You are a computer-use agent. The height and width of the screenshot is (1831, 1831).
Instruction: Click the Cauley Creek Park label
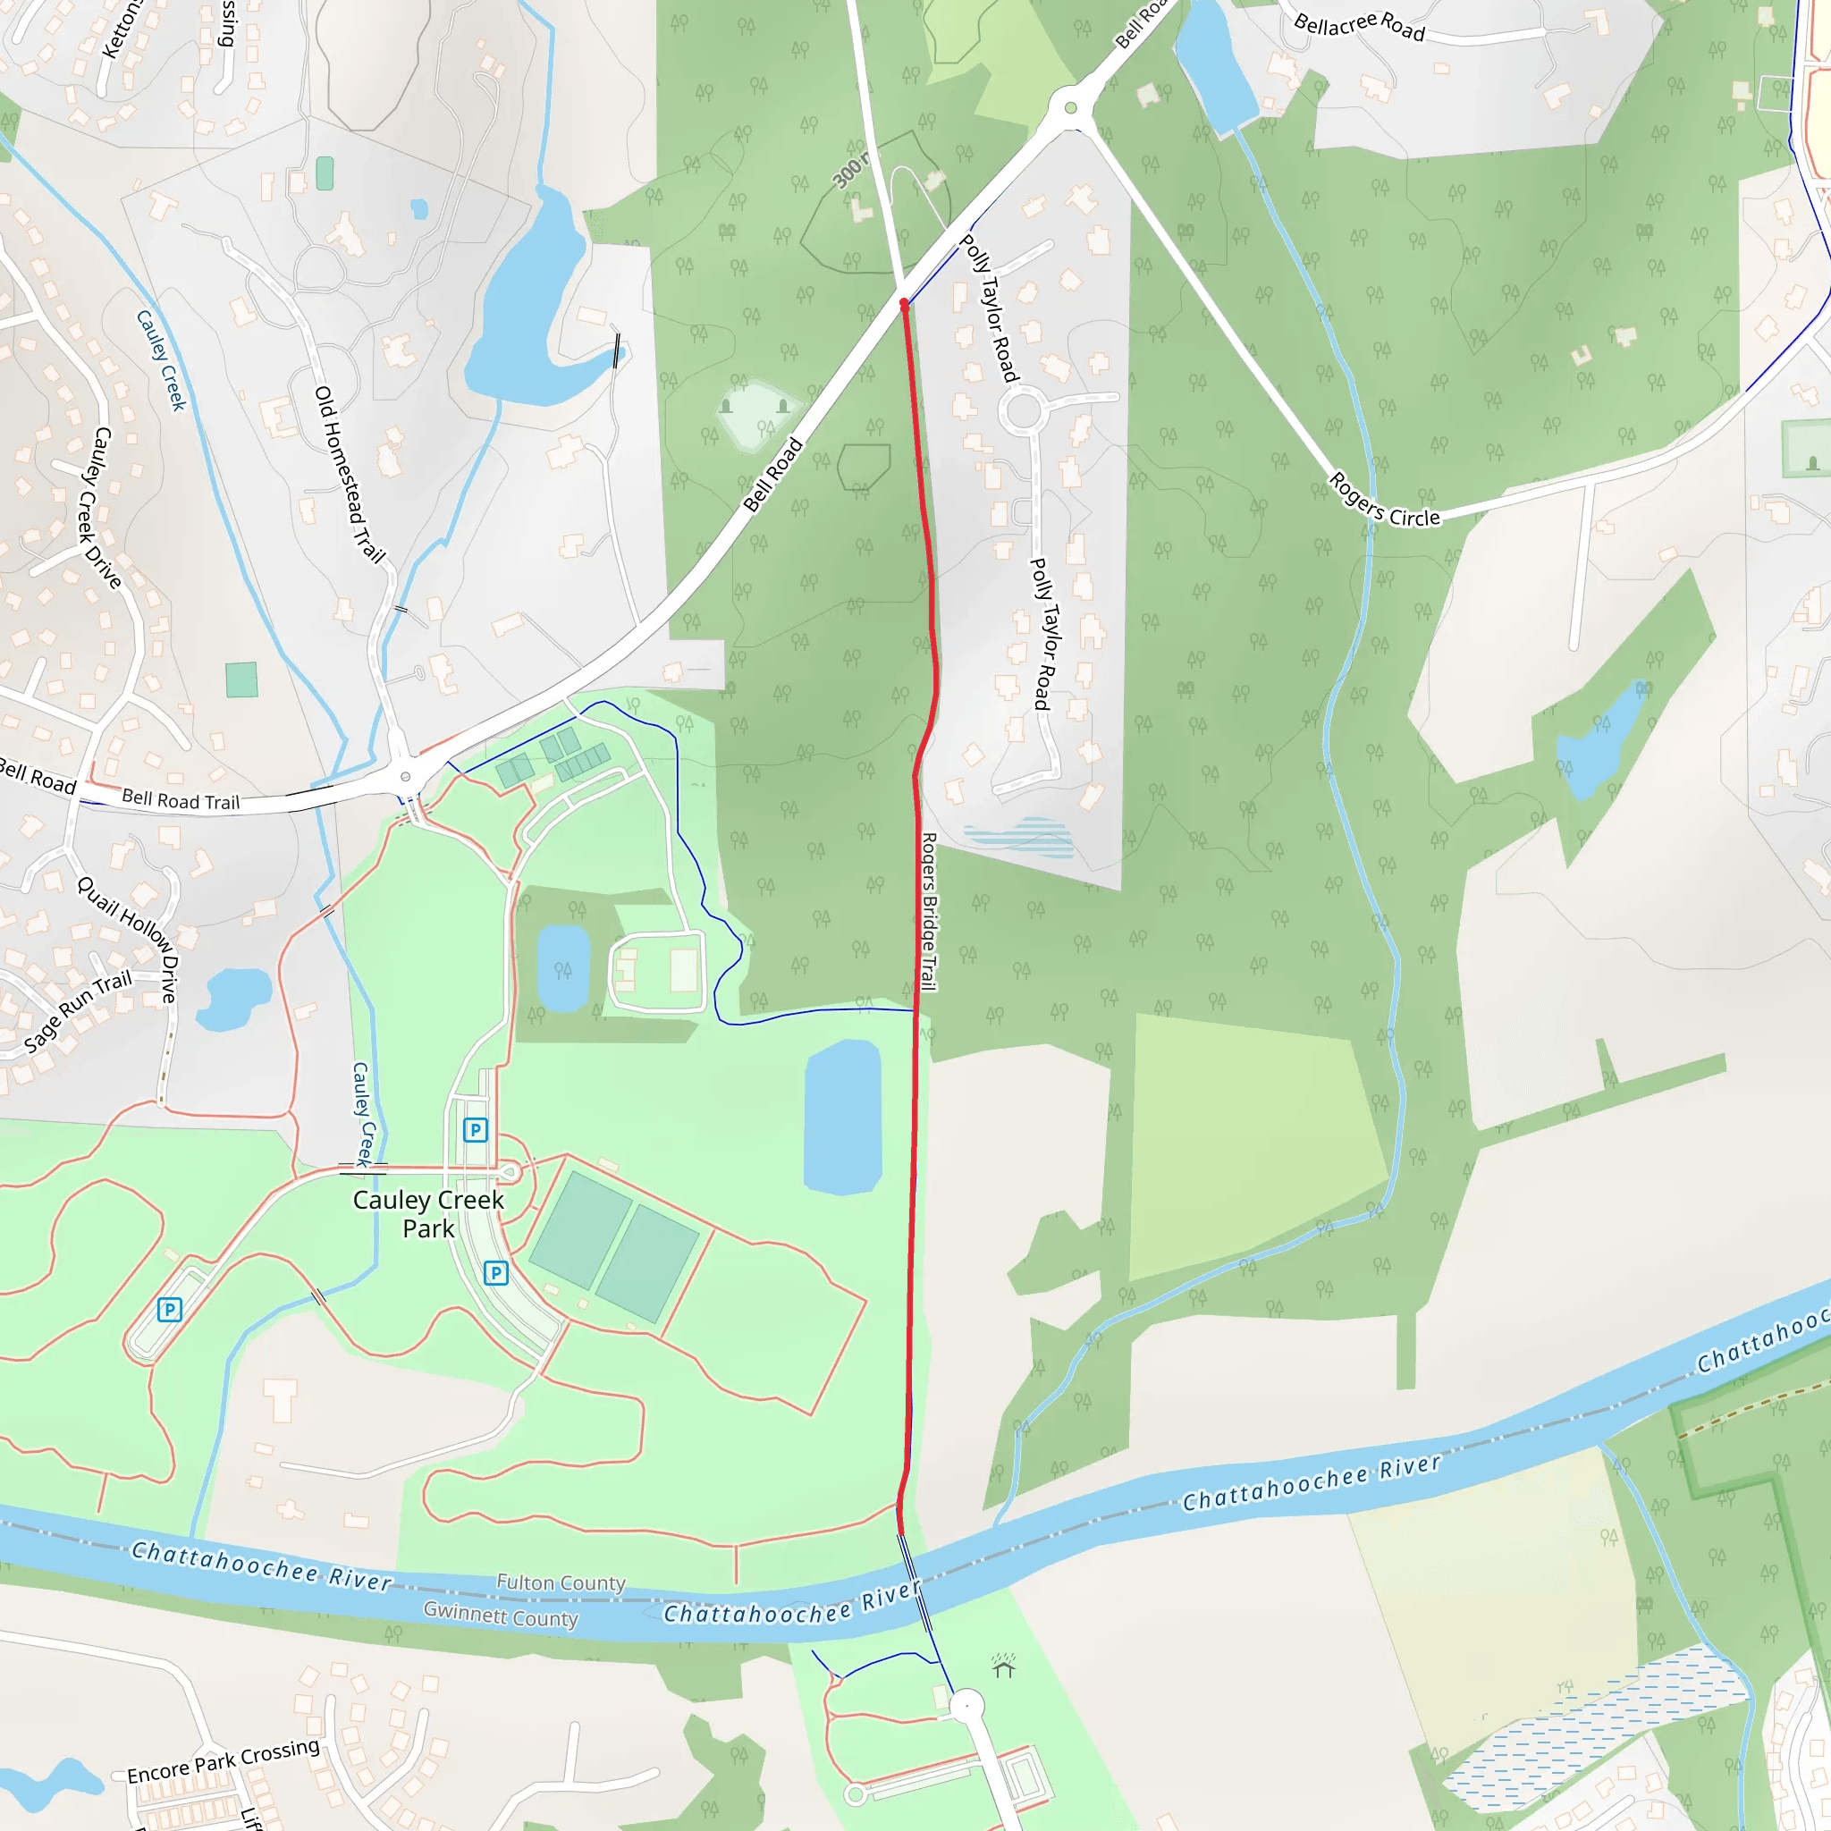(x=428, y=1214)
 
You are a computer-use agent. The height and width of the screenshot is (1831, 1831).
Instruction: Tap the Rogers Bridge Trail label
(x=929, y=912)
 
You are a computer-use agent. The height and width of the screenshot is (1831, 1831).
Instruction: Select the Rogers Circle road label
(x=1384, y=501)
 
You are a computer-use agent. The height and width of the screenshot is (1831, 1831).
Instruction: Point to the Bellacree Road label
(x=1359, y=26)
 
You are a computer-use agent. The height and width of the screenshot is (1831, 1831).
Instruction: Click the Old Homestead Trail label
(x=350, y=474)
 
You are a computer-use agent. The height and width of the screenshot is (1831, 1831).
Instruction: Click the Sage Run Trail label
(x=78, y=1012)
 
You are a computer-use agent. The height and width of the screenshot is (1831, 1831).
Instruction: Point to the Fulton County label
(x=561, y=1582)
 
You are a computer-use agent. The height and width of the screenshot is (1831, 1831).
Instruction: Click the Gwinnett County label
(x=501, y=1614)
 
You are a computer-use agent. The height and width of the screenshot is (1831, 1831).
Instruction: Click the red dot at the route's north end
(x=904, y=303)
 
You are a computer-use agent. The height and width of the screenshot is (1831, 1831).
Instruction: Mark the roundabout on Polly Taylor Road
(x=1024, y=411)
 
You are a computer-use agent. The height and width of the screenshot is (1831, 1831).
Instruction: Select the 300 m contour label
(x=849, y=170)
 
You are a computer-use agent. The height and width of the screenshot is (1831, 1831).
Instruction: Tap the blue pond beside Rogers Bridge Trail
(x=842, y=1117)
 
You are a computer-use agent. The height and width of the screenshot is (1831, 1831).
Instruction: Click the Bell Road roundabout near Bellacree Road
(x=1071, y=108)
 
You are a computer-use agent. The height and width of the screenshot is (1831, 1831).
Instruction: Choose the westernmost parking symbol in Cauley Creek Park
(x=170, y=1310)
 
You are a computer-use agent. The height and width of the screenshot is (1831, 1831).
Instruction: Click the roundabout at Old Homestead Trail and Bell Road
(x=406, y=777)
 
